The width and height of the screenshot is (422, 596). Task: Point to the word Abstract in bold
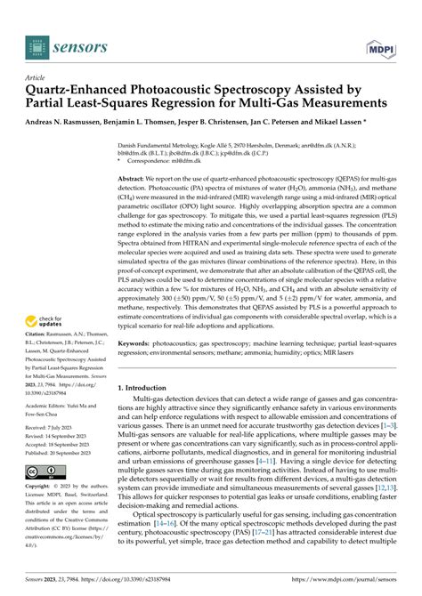click(133, 179)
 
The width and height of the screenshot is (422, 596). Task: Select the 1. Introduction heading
click(148, 389)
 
